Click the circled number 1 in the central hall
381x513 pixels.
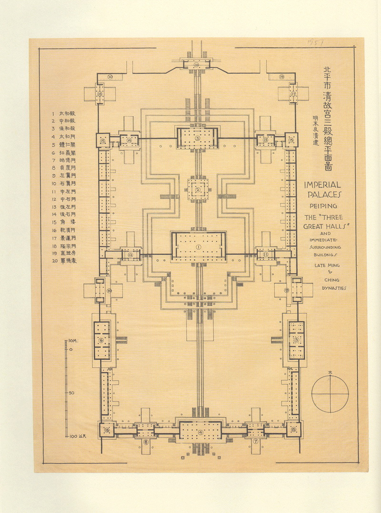tap(199, 247)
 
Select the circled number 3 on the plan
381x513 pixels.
tap(198, 138)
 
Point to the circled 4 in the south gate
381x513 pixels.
tap(201, 432)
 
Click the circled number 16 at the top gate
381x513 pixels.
tap(196, 64)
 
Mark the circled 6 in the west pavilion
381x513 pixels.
tap(101, 340)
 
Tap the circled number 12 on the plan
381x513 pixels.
tap(130, 255)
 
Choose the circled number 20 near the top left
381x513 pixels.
tap(110, 76)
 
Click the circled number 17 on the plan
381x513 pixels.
tap(293, 94)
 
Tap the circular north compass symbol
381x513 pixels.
tap(330, 394)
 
